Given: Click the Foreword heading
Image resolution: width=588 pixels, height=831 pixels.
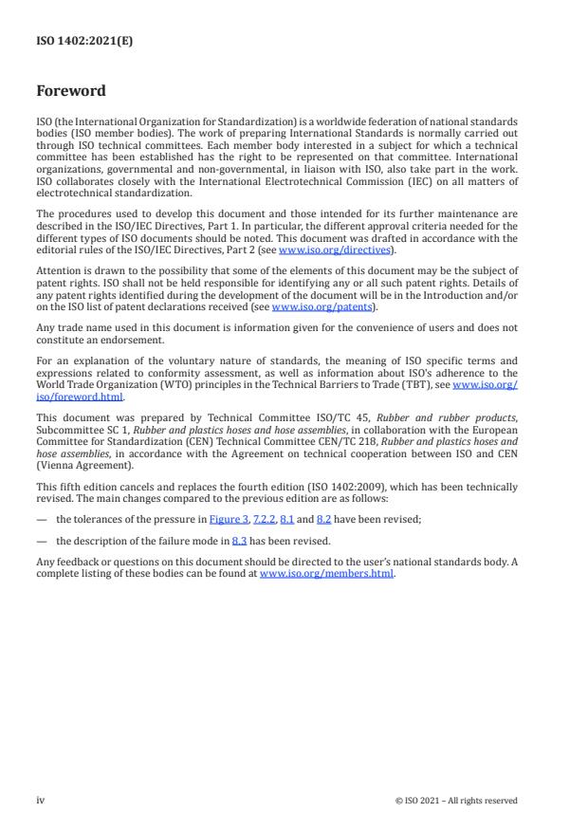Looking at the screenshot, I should [x=71, y=92].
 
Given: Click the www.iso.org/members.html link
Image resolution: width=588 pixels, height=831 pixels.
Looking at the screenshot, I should [x=326, y=574].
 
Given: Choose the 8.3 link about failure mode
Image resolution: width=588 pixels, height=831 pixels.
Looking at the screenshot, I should [x=239, y=541].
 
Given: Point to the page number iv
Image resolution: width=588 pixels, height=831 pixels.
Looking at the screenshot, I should [x=40, y=800].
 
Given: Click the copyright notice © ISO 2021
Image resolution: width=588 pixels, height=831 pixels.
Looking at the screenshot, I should [x=456, y=801].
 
